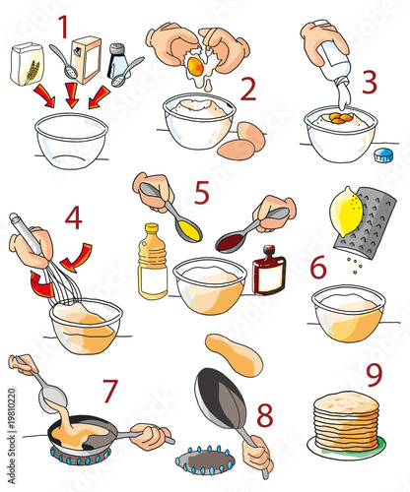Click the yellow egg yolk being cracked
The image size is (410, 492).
[x=196, y=67]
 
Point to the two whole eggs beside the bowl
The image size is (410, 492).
[x=241, y=141]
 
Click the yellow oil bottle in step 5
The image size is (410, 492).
[x=152, y=261]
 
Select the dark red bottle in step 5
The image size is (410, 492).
[x=267, y=270]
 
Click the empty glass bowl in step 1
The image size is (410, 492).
[x=70, y=139]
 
